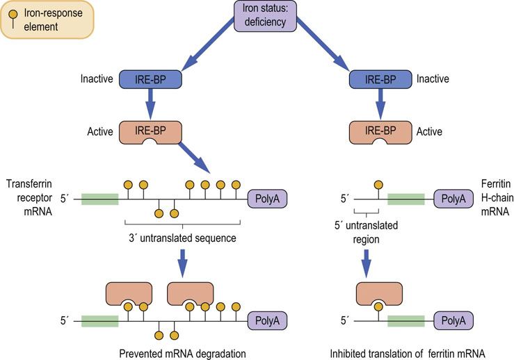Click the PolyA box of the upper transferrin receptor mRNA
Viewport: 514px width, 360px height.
coord(268,200)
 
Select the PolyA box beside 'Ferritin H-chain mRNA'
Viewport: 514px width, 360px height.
coord(453,200)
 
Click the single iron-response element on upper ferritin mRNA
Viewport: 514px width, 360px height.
coord(378,185)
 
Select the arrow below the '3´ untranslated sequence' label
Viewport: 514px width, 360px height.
coord(182,262)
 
